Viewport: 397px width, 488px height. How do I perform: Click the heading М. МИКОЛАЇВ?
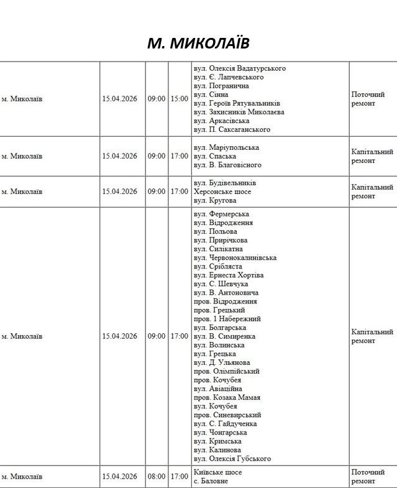pos(198,43)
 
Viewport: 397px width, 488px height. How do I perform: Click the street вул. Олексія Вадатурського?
pos(240,68)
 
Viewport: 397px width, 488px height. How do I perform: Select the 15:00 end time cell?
pos(180,98)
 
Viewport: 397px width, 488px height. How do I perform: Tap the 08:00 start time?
pos(157,477)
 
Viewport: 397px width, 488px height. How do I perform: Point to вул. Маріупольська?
pos(226,147)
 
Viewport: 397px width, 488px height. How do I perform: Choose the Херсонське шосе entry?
pos(222,191)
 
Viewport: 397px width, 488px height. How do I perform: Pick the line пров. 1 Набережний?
pos(227,319)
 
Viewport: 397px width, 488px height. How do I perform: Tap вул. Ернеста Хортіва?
pos(229,275)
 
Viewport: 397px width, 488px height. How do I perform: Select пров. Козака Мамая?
pos(227,397)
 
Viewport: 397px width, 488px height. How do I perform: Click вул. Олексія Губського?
pos(232,459)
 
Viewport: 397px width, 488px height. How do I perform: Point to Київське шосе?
pos(217,472)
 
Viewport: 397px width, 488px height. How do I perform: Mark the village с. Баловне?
pos(211,481)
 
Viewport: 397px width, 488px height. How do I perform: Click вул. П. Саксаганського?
pos(232,129)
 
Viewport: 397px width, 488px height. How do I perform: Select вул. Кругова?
pos(216,200)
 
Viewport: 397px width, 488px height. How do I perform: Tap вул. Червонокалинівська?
pos(235,257)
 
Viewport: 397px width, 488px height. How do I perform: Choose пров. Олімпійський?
pos(227,371)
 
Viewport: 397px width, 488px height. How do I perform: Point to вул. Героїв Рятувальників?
pos(237,103)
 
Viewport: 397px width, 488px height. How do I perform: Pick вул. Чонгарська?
pos(220,433)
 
